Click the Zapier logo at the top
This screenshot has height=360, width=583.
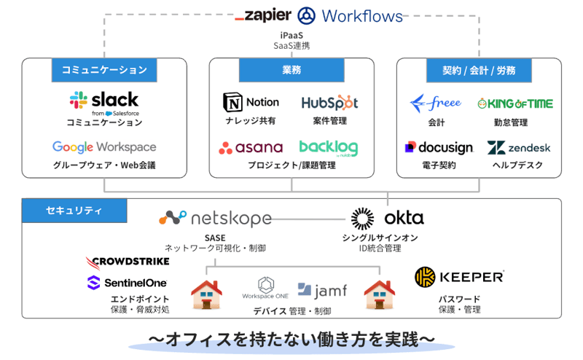[x=263, y=15]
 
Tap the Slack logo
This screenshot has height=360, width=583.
[x=104, y=101]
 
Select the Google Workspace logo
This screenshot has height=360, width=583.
[x=104, y=147]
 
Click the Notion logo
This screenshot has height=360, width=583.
[x=251, y=103]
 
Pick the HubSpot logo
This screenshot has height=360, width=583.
[x=329, y=103]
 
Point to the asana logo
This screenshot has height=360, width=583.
[x=251, y=148]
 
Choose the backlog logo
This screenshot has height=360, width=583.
[x=328, y=148]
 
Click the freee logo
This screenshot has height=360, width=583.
[x=435, y=103]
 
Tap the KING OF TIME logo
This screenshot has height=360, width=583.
[x=515, y=103]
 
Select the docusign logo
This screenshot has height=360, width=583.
[x=439, y=148]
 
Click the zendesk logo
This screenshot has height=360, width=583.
[x=519, y=148]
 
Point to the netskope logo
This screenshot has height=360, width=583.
[x=215, y=218]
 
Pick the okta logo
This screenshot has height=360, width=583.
[x=386, y=218]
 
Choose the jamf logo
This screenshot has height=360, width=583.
[x=321, y=291]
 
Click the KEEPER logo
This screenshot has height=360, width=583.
[x=459, y=277]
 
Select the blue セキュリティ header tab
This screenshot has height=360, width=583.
[x=74, y=211]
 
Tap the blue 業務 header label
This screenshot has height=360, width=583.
[x=291, y=70]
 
